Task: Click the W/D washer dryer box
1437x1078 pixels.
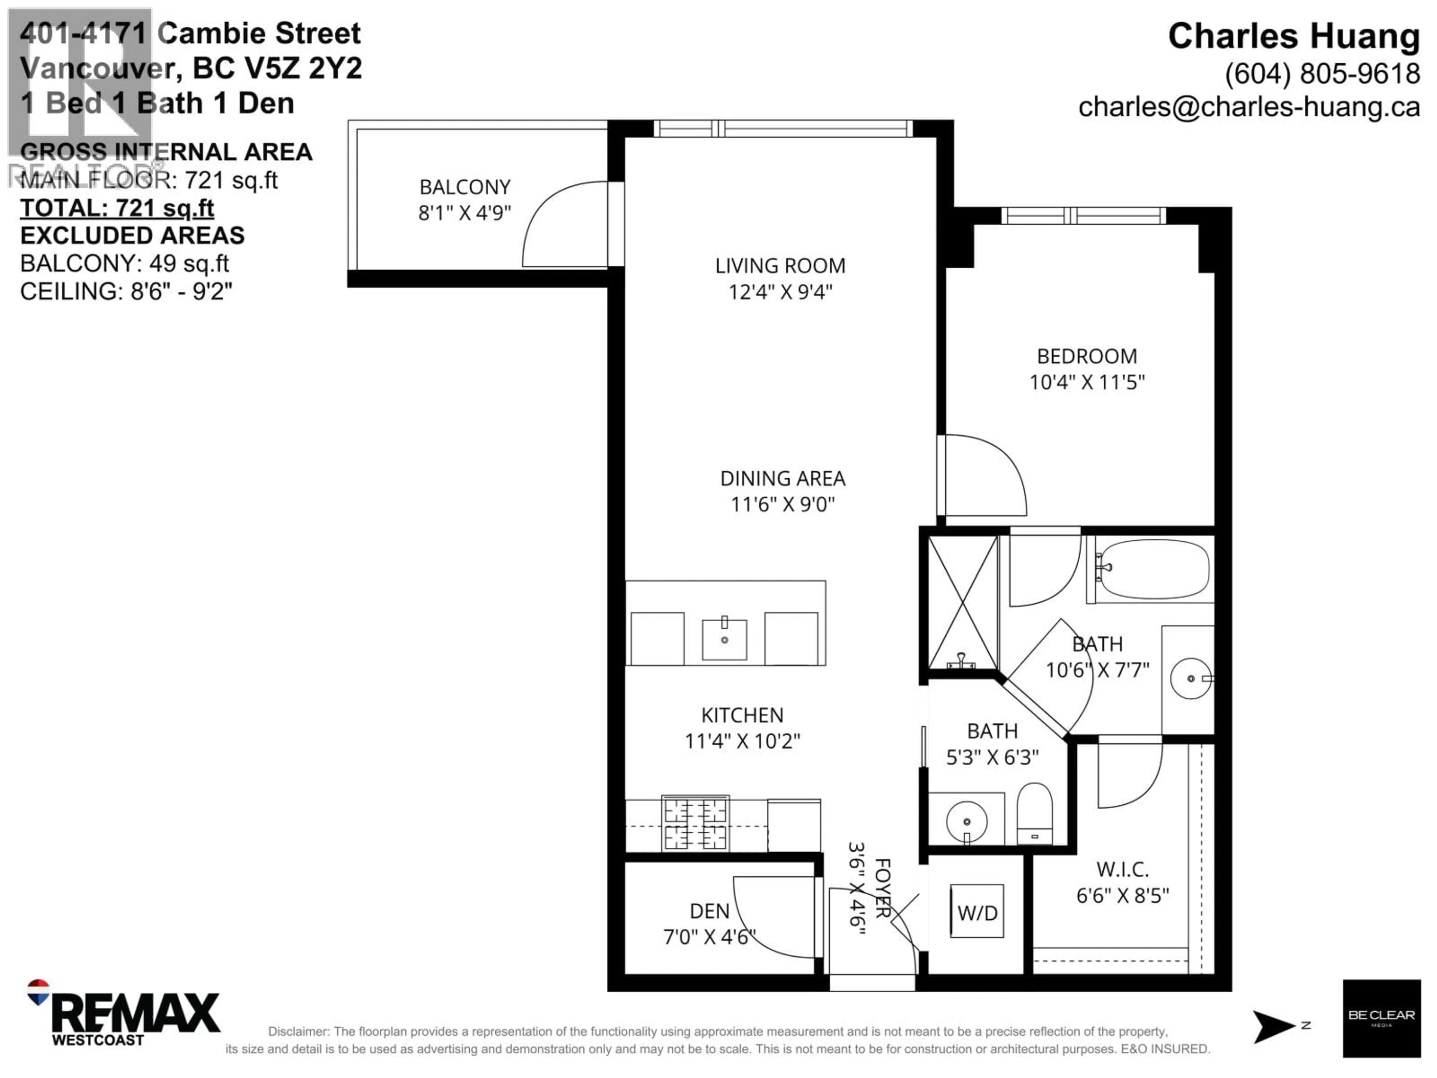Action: pos(976,911)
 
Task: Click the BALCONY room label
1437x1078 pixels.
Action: pos(464,187)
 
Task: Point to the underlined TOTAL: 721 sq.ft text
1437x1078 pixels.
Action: pos(117,208)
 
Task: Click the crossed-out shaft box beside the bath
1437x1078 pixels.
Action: pos(962,602)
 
